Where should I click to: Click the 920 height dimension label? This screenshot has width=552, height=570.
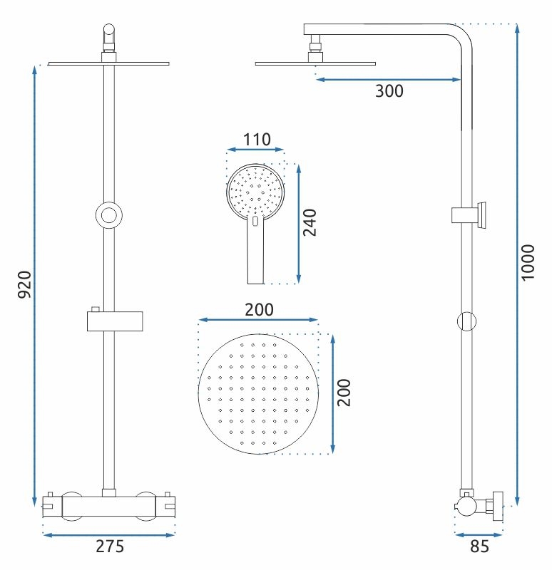pos(25,284)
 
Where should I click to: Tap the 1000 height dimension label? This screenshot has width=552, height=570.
pos(528,262)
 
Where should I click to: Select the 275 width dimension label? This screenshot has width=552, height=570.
pos(110,546)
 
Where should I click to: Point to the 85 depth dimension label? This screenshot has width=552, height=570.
pos(479,546)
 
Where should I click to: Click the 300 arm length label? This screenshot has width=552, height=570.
pos(389,91)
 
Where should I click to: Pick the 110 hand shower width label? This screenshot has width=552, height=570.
pos(257,140)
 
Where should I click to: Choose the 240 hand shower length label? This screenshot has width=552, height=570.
pos(310,222)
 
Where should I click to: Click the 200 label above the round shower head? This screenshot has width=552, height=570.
pos(259,310)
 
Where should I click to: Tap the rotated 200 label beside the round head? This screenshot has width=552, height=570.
pos(344,393)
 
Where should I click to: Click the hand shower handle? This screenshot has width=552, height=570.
pos(255,251)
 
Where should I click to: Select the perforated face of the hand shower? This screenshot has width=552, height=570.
pos(255,191)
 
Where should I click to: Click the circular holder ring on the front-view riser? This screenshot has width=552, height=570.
pos(109,215)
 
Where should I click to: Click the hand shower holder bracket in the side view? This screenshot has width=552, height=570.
pos(469,215)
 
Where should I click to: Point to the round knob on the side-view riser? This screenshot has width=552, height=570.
pos(466,321)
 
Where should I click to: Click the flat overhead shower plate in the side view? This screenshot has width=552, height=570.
pos(315,63)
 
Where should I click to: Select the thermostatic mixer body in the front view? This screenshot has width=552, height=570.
pos(109,507)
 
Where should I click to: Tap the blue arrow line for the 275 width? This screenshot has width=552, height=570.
pos(109,535)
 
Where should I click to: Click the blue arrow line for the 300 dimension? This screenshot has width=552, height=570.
pos(388,79)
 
